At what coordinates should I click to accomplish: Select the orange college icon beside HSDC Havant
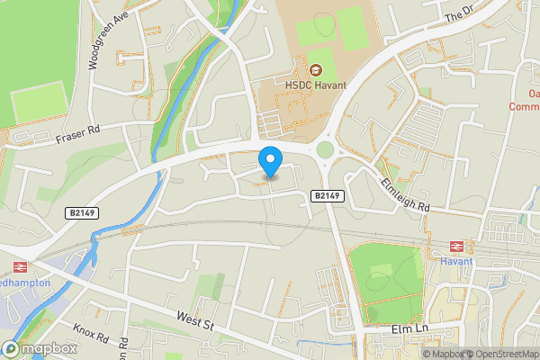tap(316, 70)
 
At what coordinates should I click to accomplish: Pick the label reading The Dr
tap(458, 12)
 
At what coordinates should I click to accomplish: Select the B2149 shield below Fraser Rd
tap(84, 213)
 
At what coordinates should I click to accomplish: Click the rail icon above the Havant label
tap(456, 246)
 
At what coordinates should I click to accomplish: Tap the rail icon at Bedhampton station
tap(18, 266)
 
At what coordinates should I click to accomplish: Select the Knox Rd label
tap(90, 337)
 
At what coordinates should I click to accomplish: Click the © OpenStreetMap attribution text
tap(499, 353)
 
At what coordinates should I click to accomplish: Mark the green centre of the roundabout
tap(325, 151)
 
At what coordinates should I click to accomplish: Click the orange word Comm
tap(524, 106)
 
